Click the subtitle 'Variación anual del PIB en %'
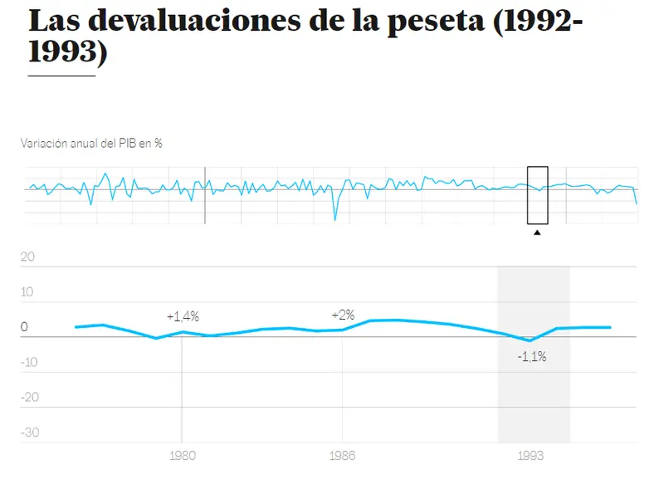[91, 143]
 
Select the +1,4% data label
[183, 316]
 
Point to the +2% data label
[343, 315]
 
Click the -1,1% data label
[531, 357]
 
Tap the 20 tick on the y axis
[27, 257]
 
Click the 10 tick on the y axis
[27, 291]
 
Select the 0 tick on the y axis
[24, 327]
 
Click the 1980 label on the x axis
[182, 456]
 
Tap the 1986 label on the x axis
[342, 456]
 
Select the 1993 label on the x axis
[531, 456]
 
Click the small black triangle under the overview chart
[537, 232]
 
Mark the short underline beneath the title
[61, 76]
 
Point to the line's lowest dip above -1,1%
[530, 340]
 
